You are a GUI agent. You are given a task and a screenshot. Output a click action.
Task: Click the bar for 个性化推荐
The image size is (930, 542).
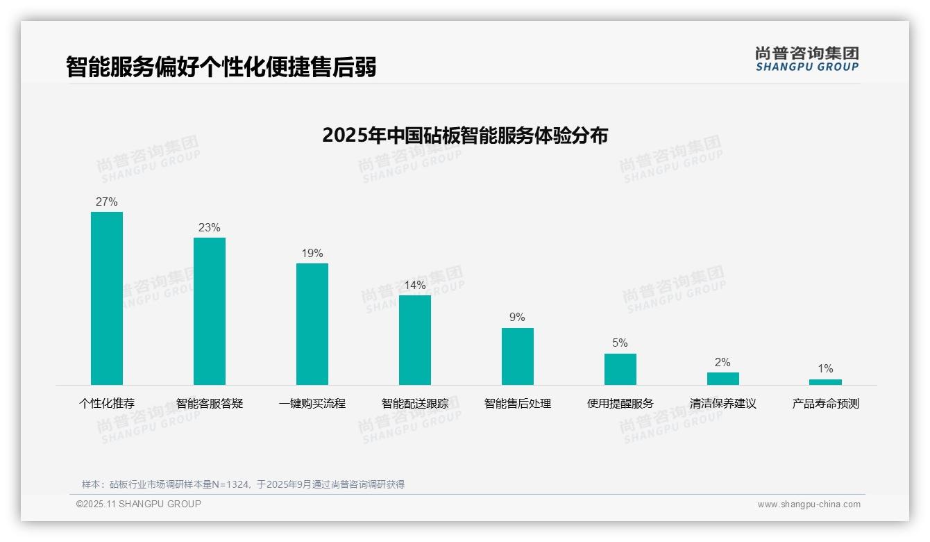pos(107,298)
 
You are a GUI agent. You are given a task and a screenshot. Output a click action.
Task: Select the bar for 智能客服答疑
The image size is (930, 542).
pos(210,311)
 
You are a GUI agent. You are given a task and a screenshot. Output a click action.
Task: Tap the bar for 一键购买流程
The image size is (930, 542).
pos(312,324)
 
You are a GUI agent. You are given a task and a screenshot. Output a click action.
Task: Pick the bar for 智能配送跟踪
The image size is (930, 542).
pos(415,340)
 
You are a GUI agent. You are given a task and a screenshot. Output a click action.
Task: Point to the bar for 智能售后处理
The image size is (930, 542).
pos(518,356)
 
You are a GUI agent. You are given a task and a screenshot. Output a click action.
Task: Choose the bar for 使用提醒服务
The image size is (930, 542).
pos(620,369)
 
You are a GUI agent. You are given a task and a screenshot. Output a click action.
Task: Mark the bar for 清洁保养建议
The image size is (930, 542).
pos(723,379)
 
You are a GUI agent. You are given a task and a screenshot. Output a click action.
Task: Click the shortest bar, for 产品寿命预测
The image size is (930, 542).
pos(825,382)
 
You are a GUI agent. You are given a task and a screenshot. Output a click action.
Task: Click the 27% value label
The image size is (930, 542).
pos(107,202)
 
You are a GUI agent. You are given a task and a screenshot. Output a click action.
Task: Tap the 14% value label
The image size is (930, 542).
pos(415,286)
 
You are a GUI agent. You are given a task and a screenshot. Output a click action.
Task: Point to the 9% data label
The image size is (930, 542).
pos(518,318)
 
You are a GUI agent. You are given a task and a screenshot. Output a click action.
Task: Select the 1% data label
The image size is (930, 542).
pos(825,369)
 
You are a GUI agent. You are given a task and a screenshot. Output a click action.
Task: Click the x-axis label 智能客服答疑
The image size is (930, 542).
pos(210,404)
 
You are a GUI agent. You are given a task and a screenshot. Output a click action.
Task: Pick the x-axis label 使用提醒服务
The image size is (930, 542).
pos(620,404)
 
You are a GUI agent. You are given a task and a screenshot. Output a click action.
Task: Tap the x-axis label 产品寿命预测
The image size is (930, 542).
pos(825,404)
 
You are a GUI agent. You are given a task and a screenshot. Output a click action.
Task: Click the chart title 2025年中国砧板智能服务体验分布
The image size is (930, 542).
pos(465,135)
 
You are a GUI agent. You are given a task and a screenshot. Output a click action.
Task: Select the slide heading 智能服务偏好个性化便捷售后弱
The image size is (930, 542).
pos(221,67)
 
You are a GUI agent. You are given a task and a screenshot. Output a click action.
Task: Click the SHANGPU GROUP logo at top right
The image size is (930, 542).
pos(807,59)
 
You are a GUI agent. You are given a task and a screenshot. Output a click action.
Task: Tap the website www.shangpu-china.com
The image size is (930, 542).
pos(809,504)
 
